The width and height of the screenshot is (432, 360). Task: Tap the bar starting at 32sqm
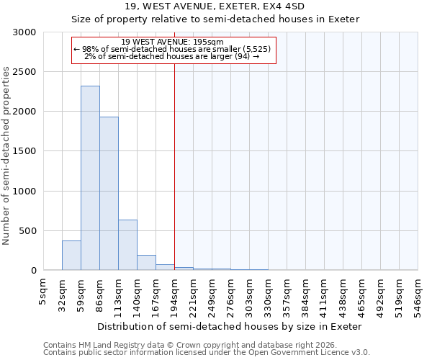[x=71, y=256]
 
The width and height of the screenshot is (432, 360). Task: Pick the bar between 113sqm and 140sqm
[x=127, y=245]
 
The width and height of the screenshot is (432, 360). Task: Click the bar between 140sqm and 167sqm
[x=146, y=263]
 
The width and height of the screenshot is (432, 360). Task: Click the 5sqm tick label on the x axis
[x=44, y=290]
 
